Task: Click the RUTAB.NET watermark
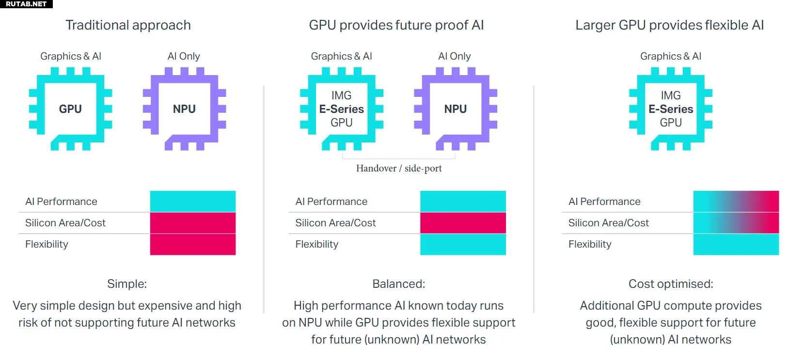[x=26, y=4]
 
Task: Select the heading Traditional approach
[x=128, y=25]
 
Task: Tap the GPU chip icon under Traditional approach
[x=70, y=109]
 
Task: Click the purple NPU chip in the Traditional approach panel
[x=184, y=109]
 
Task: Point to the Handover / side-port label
[x=399, y=168]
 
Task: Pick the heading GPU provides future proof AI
[x=396, y=25]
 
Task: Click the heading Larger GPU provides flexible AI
[x=669, y=25]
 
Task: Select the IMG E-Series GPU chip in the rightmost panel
[x=671, y=109]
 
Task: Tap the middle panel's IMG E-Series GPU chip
[x=342, y=109]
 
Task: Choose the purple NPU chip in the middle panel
[x=456, y=109]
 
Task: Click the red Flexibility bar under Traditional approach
[x=193, y=244]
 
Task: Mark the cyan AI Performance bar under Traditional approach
[x=193, y=202]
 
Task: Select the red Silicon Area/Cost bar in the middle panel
[x=463, y=223]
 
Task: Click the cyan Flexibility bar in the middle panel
[x=463, y=244]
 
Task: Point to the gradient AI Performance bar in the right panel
[x=736, y=202]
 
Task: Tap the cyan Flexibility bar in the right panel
[x=736, y=244]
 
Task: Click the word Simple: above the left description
[x=127, y=284]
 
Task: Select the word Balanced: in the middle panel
[x=398, y=284]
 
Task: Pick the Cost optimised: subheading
[x=671, y=284]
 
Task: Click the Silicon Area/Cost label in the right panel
[x=608, y=223]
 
